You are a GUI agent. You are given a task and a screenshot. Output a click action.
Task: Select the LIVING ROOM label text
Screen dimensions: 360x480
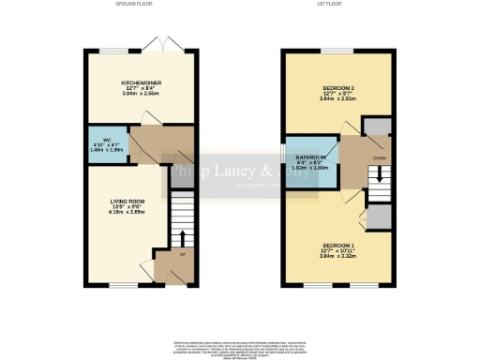click(x=125, y=200)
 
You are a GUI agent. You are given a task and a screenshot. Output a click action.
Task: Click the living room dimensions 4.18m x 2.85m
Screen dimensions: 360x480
click(x=125, y=213)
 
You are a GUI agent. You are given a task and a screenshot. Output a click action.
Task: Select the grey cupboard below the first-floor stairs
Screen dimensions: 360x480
click(x=377, y=217)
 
